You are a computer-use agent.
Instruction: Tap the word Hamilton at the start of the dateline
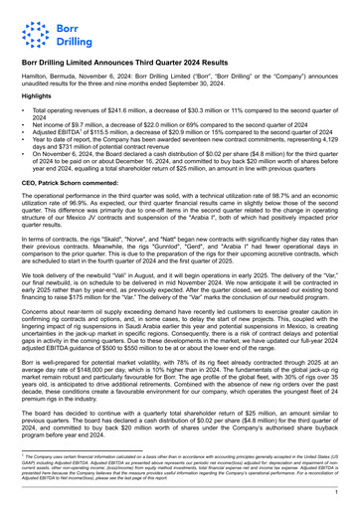pos(37,76)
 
